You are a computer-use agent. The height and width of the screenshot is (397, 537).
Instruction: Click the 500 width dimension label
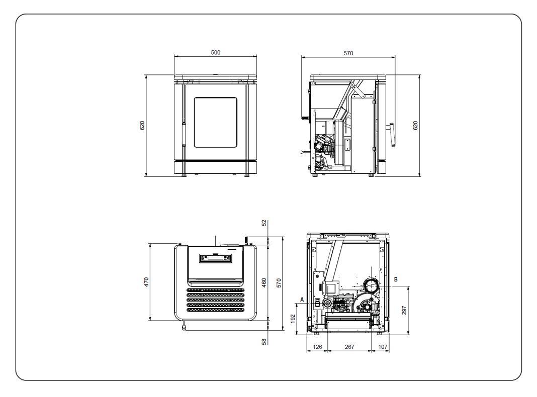(215, 52)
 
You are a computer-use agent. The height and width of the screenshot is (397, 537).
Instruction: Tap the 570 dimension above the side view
(348, 53)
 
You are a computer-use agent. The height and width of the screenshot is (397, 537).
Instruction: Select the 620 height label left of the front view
(142, 126)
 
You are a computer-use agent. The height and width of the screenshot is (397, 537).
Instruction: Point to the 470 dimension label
(146, 282)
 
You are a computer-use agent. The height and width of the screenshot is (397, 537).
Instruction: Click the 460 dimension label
(264, 283)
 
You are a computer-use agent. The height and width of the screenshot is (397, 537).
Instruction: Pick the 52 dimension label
(264, 223)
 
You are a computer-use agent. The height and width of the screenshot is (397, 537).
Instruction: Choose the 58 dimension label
(264, 342)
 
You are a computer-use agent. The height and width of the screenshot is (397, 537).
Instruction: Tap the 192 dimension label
(293, 319)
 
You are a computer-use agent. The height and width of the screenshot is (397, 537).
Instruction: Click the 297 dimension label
(404, 311)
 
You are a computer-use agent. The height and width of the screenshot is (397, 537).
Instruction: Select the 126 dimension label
(317, 347)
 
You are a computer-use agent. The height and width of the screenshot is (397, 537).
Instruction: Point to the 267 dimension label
(349, 347)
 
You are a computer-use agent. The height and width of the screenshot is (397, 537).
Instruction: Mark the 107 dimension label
(383, 347)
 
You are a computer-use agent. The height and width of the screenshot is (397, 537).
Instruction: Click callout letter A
(302, 300)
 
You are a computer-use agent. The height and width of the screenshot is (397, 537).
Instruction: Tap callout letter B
(396, 279)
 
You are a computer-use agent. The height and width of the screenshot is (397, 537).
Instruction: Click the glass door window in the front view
(215, 123)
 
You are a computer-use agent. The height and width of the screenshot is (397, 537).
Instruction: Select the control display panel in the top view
(215, 258)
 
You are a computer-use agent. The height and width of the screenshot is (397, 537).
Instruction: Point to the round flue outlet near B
(371, 285)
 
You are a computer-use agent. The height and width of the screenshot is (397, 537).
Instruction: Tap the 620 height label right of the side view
(415, 126)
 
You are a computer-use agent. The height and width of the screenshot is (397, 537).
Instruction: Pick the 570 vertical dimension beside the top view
(279, 283)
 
